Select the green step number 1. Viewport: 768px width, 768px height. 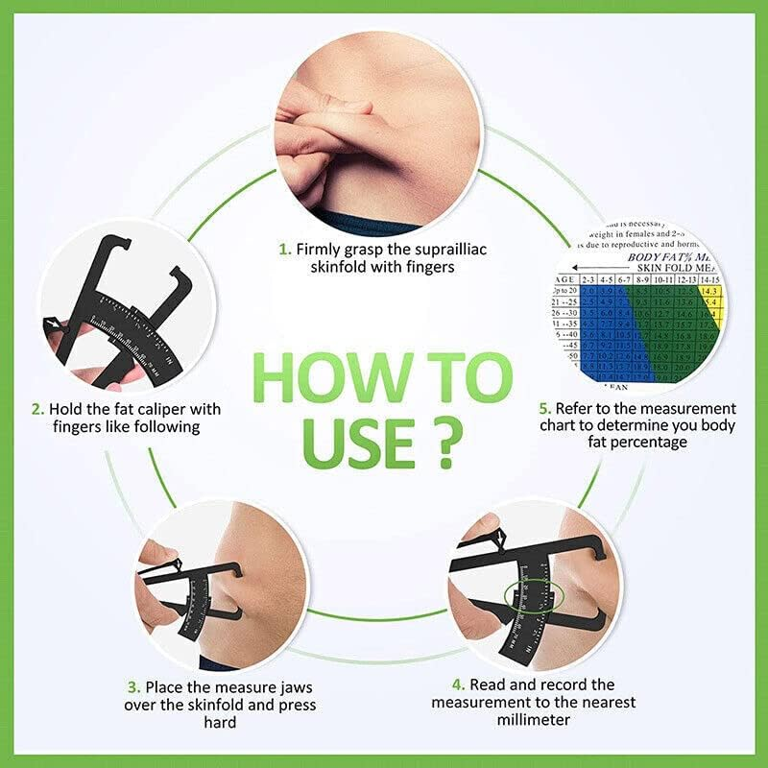(x=284, y=249)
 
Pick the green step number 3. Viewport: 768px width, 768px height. (x=133, y=687)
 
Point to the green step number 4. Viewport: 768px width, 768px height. (x=460, y=684)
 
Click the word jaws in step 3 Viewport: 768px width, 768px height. (x=295, y=687)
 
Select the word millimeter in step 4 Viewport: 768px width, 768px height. (x=533, y=720)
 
